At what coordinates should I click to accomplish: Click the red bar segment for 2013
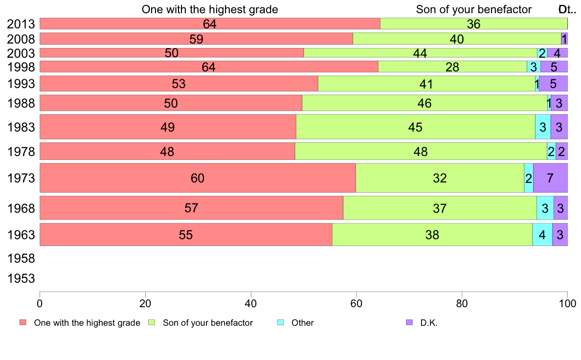click(210, 23)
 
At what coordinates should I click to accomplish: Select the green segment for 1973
click(440, 178)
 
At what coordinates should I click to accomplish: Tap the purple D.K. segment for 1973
click(550, 178)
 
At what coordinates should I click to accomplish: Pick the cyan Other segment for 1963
click(542, 235)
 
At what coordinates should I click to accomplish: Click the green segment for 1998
click(452, 67)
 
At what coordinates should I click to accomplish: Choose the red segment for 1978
click(167, 152)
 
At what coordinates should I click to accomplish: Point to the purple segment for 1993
click(553, 84)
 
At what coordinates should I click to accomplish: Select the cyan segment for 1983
click(543, 127)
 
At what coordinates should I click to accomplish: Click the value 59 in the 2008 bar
click(196, 39)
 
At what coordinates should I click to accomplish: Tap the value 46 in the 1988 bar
click(425, 103)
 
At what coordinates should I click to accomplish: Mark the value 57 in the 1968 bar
click(191, 208)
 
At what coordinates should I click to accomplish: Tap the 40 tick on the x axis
click(251, 302)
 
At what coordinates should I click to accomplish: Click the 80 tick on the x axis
click(462, 302)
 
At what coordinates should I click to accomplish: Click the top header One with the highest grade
click(210, 9)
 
